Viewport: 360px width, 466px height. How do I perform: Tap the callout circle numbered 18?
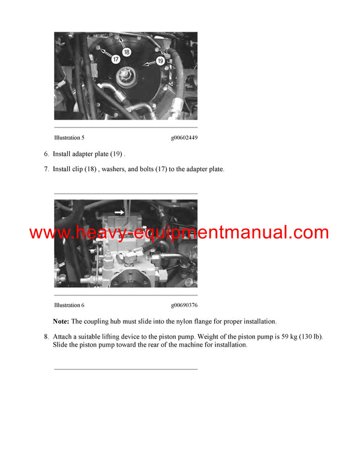(x=127, y=52)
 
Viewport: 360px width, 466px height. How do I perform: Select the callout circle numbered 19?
(x=161, y=60)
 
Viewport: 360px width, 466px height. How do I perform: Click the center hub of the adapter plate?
(x=127, y=77)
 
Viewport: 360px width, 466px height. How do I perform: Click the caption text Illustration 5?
(x=69, y=138)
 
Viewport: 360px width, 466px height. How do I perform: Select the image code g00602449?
(x=184, y=138)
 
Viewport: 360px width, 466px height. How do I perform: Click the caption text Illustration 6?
(x=69, y=305)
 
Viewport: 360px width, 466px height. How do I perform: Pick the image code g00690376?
(x=184, y=305)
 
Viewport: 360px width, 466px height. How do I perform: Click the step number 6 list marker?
(x=46, y=154)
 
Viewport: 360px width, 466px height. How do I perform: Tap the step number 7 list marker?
(x=46, y=169)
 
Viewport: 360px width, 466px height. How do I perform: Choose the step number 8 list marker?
(x=46, y=337)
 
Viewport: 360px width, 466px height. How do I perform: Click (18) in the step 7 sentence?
(x=89, y=169)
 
